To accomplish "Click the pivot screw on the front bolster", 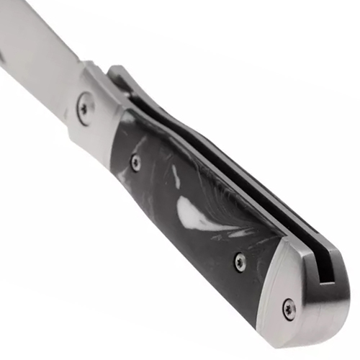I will click(84, 107).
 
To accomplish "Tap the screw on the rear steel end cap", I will click(289, 308).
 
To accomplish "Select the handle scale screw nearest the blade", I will click(136, 161).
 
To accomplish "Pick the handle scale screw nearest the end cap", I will click(240, 262).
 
